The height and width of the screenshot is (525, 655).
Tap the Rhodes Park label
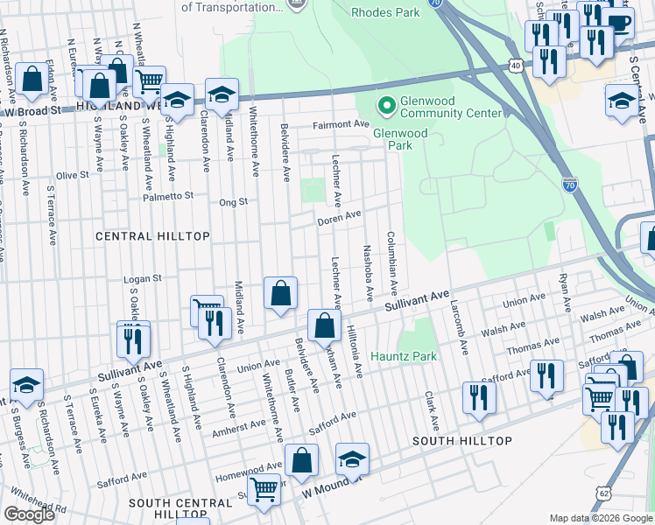tap(387, 12)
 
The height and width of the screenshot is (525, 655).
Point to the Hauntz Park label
tap(403, 356)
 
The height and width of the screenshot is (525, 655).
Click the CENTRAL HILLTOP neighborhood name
tap(152, 236)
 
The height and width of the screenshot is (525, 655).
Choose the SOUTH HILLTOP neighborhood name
tap(461, 440)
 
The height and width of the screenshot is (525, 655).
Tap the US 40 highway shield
tap(516, 66)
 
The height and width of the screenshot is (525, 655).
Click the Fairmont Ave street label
tap(342, 124)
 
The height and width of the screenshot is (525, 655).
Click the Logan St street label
tap(144, 278)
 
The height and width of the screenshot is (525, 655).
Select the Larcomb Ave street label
tap(457, 329)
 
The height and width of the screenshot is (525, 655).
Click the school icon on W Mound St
tap(352, 458)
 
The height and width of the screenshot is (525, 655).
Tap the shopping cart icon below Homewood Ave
tap(264, 491)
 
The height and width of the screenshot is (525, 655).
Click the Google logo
tap(29, 514)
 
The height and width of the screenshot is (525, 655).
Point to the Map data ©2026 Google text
tap(601, 518)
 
